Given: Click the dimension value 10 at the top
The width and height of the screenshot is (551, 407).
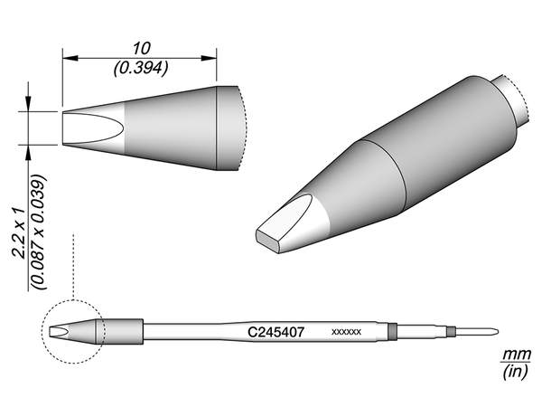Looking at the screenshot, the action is click(x=142, y=49).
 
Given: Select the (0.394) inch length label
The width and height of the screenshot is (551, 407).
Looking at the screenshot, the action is click(x=141, y=68).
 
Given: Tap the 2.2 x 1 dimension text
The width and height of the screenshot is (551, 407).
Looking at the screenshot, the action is click(x=18, y=233).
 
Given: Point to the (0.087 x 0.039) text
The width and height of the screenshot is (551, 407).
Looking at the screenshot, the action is click(x=39, y=232).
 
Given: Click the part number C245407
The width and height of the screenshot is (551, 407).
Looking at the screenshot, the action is click(x=275, y=332).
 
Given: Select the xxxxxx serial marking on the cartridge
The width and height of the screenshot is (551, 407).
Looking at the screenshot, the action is click(x=346, y=332).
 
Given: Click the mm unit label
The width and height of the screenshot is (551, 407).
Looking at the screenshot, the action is click(x=516, y=354).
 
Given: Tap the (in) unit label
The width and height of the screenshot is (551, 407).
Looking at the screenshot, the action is click(x=515, y=372).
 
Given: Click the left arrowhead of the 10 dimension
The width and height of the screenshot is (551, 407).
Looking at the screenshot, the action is click(x=70, y=58).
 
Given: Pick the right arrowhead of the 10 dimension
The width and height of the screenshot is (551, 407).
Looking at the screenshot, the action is click(x=209, y=58).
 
